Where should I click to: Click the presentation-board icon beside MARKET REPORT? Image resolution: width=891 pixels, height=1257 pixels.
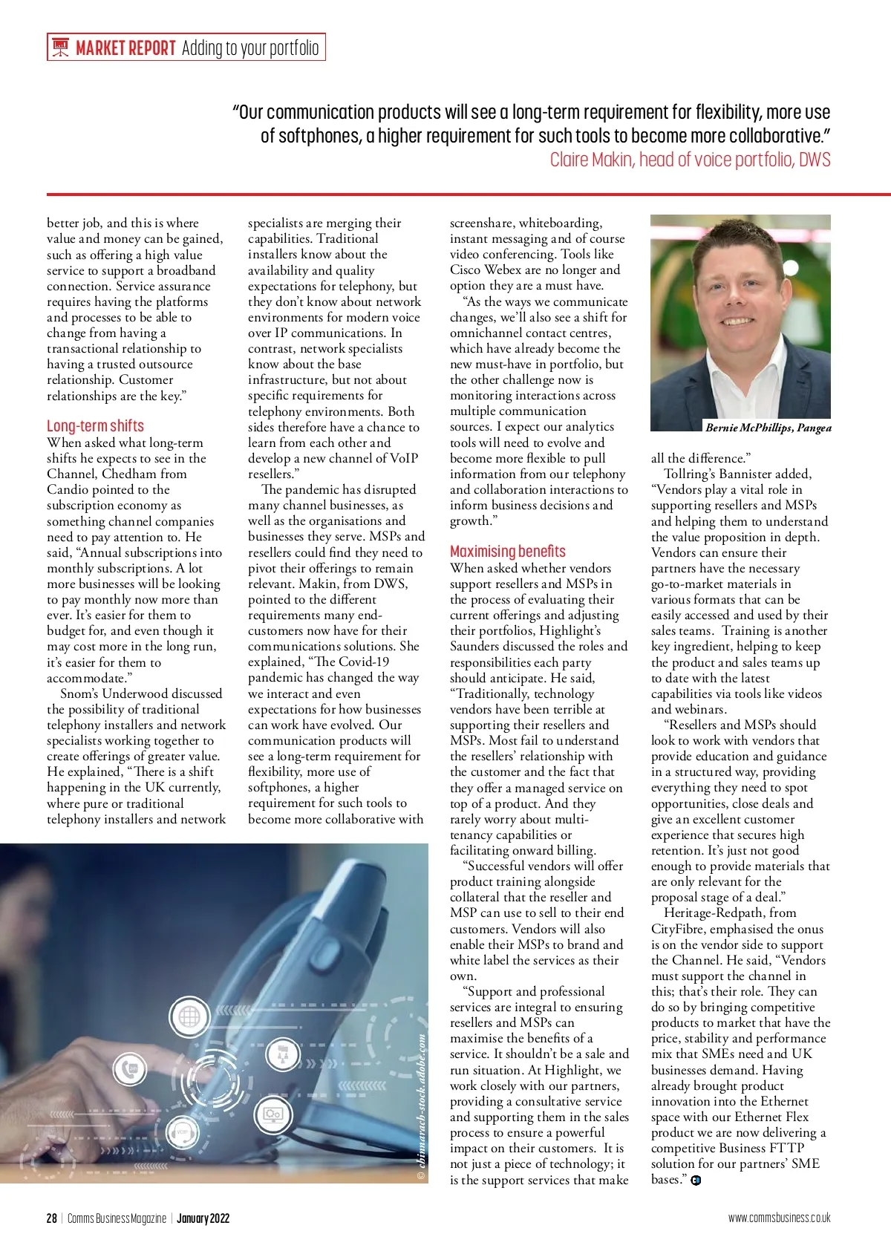[61, 48]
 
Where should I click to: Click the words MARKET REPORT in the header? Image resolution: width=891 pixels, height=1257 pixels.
[125, 48]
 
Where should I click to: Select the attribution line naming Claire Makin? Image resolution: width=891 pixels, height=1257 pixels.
[690, 160]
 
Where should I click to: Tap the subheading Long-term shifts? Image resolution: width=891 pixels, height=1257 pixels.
[95, 425]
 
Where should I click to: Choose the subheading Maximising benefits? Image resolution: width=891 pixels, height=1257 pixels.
[507, 551]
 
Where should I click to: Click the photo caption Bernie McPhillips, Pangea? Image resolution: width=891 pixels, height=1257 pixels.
[768, 428]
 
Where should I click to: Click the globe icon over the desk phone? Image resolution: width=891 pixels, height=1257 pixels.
[189, 1016]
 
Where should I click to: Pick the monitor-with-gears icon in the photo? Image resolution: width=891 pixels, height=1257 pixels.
[272, 1114]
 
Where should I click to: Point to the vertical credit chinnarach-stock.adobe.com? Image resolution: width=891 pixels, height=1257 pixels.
[421, 1106]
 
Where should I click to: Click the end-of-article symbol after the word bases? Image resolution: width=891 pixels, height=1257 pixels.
[696, 1181]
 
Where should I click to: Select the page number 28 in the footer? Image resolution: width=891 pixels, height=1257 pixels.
[51, 1218]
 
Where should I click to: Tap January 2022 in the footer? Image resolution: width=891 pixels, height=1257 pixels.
[203, 1218]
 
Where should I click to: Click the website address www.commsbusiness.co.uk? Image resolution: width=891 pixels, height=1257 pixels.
[779, 1218]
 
